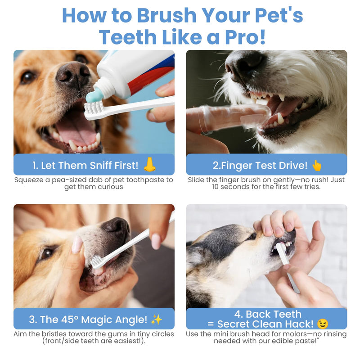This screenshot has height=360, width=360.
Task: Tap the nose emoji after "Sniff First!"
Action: pos(149,165)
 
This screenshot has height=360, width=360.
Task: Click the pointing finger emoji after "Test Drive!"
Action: pos(317,165)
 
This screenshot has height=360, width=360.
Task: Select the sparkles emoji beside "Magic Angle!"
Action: pos(156,319)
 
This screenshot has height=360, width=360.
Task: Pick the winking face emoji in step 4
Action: pos(323,324)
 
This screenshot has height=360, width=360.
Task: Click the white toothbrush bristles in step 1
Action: pos(94,107)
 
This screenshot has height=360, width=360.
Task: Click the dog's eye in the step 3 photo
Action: pos(46,253)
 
